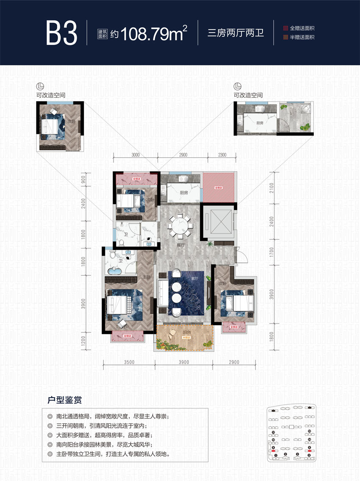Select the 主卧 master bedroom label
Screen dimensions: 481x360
point(147,277)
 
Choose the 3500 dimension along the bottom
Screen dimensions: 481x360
point(129,362)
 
